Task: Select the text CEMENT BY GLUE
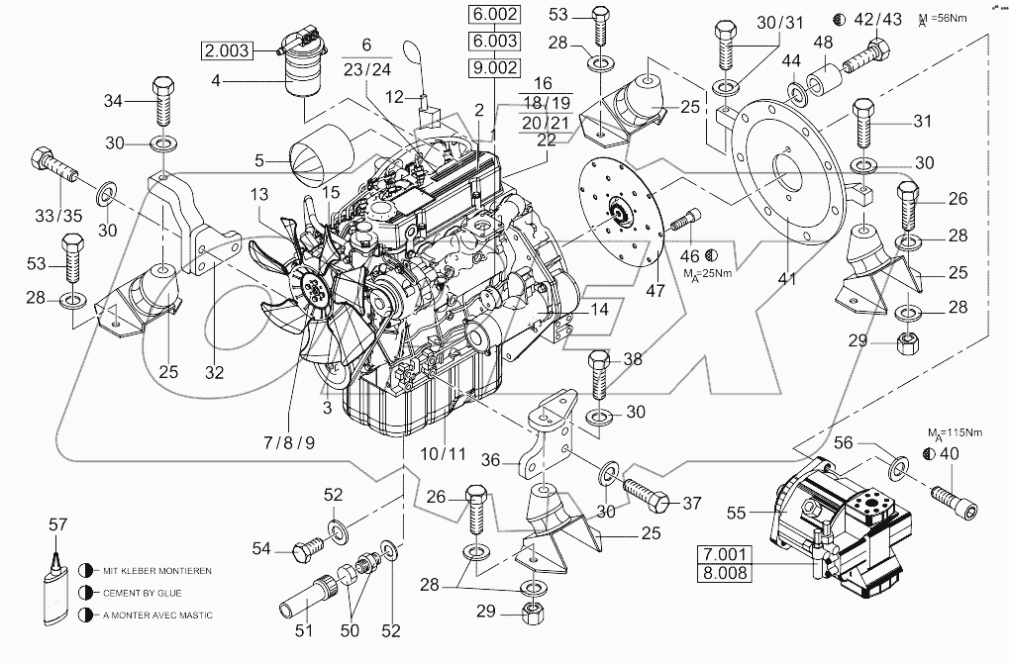click(x=150, y=593)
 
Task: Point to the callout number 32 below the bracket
click(x=214, y=374)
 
